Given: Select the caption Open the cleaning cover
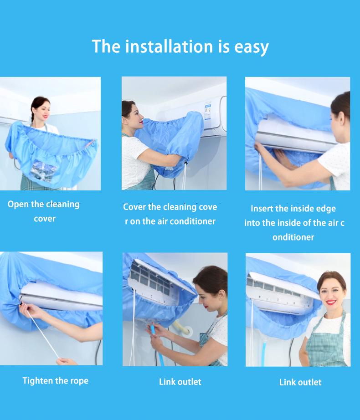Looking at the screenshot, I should pyautogui.click(x=44, y=211).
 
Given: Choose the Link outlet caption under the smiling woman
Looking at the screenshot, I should pyautogui.click(x=300, y=382).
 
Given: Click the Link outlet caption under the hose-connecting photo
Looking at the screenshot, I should pyautogui.click(x=180, y=382).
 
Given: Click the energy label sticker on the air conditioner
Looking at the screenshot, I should pyautogui.click(x=207, y=111).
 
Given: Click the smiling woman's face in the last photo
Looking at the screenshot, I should pyautogui.click(x=332, y=289).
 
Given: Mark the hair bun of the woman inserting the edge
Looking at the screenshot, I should pyautogui.click(x=342, y=103).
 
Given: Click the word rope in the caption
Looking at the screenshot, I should pyautogui.click(x=79, y=381).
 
